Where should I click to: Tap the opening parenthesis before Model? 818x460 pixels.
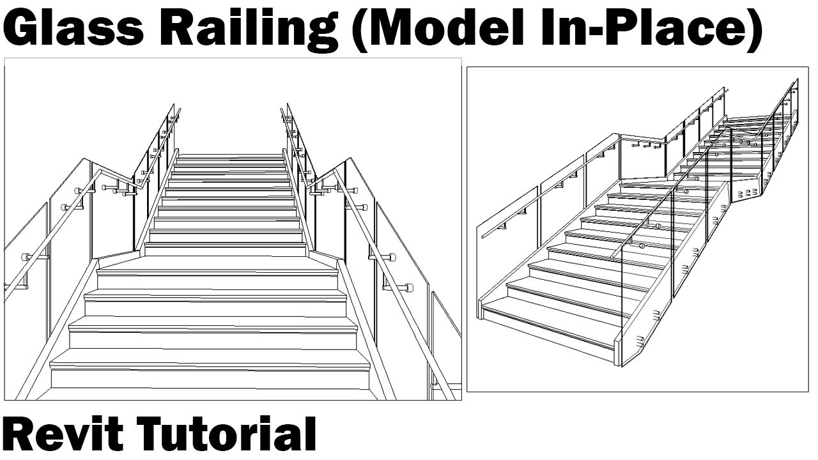coord(360,30)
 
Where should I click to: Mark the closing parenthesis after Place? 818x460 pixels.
coord(753,30)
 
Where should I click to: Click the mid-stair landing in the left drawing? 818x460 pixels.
coord(217,262)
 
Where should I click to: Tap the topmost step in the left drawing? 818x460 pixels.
coord(231,157)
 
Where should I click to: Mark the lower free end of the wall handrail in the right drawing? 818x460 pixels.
coord(484,235)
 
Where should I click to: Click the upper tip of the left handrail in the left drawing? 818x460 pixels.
coord(179,110)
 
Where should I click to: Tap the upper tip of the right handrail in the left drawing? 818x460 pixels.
coord(282,110)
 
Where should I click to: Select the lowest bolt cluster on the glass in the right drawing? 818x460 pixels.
coord(656,315)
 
